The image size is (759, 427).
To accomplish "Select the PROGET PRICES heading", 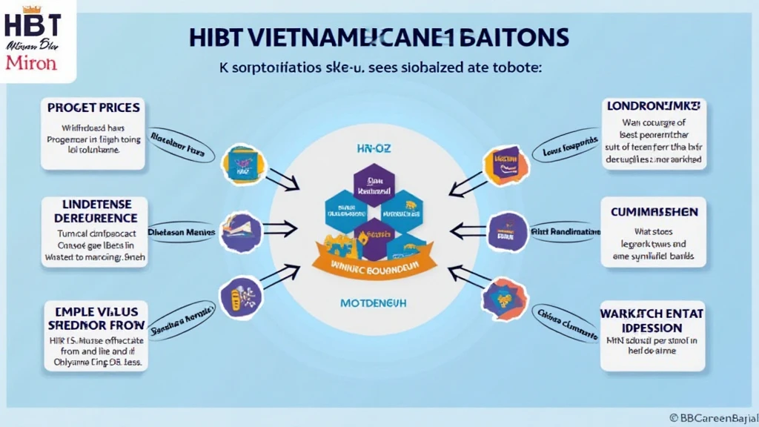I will click(x=93, y=109).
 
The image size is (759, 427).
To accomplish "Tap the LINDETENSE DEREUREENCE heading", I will click(x=96, y=211).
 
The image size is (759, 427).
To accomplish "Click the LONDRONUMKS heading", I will click(x=654, y=106).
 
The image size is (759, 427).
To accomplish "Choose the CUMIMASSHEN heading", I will click(x=654, y=212).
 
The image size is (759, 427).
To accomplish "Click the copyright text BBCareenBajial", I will click(x=712, y=417).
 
